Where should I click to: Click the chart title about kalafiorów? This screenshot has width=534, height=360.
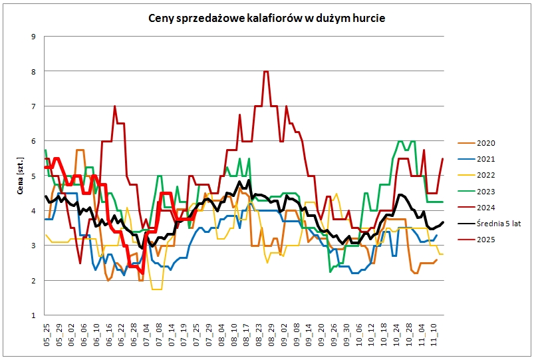coord(266,18)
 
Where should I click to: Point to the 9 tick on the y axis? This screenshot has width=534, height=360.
coord(33,36)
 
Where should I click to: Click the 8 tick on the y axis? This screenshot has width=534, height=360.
coord(33,71)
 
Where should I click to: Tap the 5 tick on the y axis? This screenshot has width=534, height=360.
coord(33,176)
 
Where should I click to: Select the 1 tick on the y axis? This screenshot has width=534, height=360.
coord(33,315)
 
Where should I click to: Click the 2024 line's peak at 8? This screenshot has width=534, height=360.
coord(266,71)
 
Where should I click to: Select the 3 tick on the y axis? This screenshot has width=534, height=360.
coord(33,246)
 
